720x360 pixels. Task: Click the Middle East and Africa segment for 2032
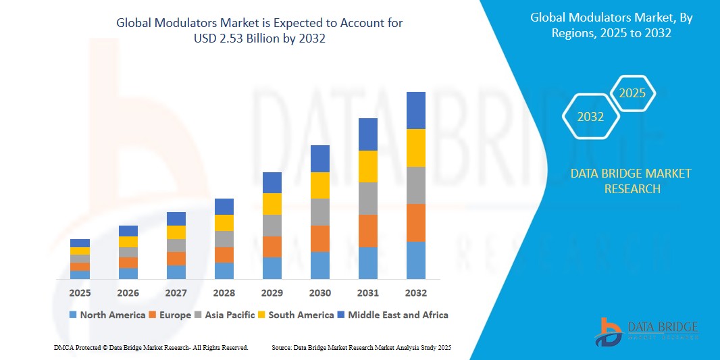click(415, 110)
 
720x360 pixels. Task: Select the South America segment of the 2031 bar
click(367, 166)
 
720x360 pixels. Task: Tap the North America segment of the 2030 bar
click(319, 265)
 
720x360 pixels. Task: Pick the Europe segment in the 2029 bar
click(272, 247)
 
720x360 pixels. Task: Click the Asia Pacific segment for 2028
click(224, 239)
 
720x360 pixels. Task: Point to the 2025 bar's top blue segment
click(80, 243)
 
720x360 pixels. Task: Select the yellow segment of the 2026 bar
click(128, 242)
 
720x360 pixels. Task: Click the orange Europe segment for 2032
click(415, 222)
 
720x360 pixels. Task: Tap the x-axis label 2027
click(176, 293)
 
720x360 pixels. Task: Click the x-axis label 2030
click(319, 293)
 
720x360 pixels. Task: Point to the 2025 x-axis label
click(80, 293)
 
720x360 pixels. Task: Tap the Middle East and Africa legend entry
click(392, 315)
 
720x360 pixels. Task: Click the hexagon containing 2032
click(590, 117)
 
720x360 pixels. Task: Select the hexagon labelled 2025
click(632, 93)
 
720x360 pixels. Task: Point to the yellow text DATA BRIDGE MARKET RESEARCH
click(631, 181)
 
